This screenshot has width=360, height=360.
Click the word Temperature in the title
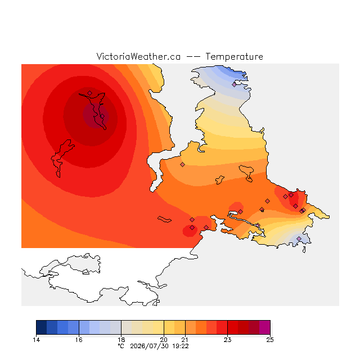point(234,57)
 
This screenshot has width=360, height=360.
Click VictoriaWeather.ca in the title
point(138,57)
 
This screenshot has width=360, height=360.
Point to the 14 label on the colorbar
point(36,340)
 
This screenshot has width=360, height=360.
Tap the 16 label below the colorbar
point(79,340)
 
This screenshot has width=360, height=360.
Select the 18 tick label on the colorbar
point(121,340)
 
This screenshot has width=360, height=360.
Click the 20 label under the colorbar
point(164,340)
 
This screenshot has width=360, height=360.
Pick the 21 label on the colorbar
point(185,340)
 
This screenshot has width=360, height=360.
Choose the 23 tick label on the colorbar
point(227,340)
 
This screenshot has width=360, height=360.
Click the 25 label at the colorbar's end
point(270,340)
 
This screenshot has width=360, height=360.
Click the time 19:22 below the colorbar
point(181,346)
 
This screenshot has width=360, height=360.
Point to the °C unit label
point(121,346)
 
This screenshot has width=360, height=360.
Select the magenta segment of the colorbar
point(265,327)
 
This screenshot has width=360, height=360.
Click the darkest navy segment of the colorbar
point(42,327)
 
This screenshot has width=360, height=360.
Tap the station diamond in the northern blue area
point(234,84)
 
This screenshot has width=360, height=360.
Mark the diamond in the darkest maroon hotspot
point(102,116)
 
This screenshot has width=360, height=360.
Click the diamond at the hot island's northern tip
point(90,93)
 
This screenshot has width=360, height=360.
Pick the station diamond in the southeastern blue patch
point(299,238)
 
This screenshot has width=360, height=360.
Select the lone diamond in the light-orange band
point(182,164)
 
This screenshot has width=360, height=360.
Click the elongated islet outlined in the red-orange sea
point(164,219)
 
